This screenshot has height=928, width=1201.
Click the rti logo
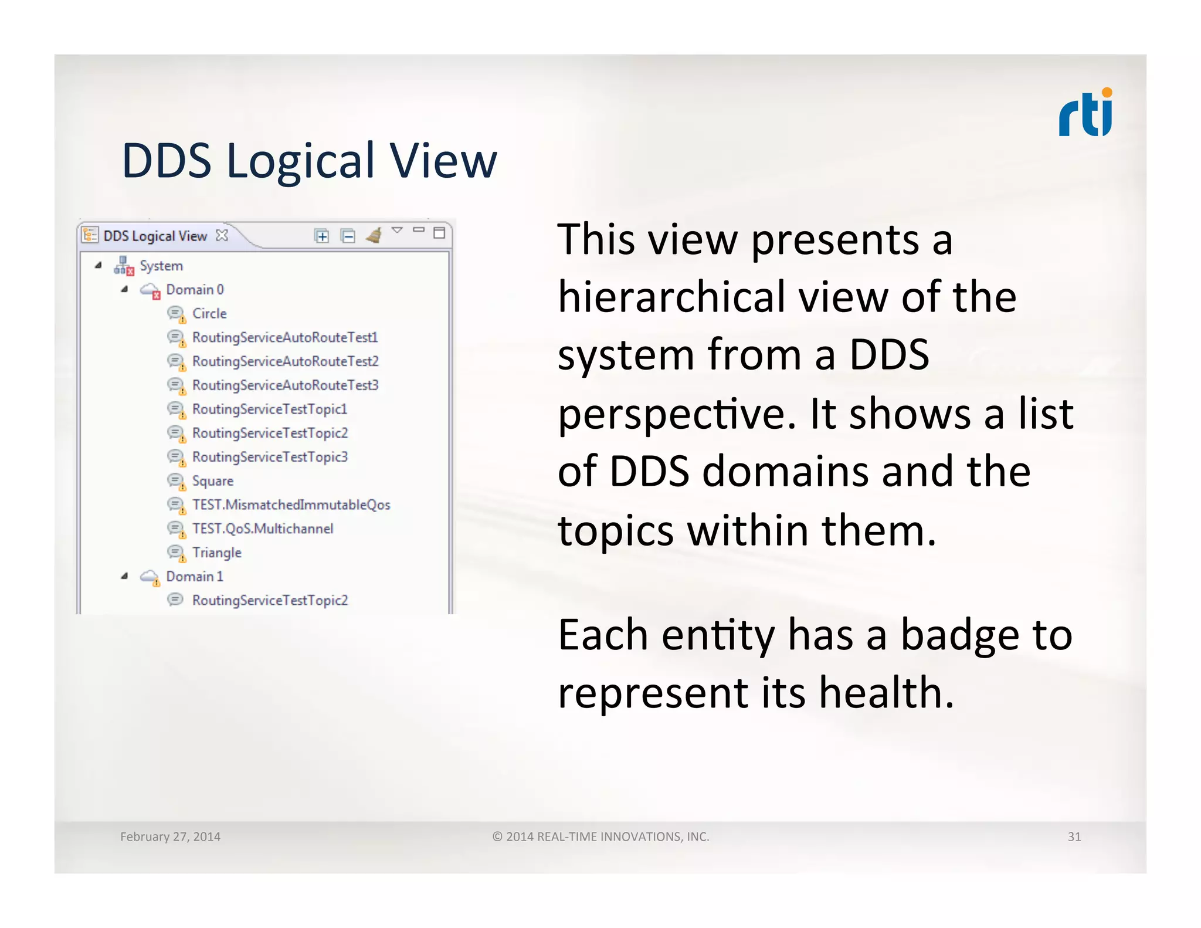1085,113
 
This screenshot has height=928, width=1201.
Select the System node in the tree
161,266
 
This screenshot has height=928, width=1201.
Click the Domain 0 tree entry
194,290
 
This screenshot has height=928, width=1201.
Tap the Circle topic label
209,314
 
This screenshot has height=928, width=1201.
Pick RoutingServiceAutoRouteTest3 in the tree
285,385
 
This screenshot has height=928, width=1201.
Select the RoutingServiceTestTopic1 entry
269,409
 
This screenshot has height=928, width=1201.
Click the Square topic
212,481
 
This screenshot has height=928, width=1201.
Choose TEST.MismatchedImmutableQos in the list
291,505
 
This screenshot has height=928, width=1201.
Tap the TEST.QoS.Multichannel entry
262,529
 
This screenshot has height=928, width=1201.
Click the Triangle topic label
216,553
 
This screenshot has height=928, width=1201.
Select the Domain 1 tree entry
194,577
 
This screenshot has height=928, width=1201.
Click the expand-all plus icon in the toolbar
321,236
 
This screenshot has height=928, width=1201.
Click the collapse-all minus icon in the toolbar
348,236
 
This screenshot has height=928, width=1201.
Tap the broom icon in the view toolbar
374,235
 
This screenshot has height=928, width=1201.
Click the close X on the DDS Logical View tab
222,235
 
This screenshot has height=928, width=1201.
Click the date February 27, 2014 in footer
170,836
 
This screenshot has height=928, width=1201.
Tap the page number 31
1074,836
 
